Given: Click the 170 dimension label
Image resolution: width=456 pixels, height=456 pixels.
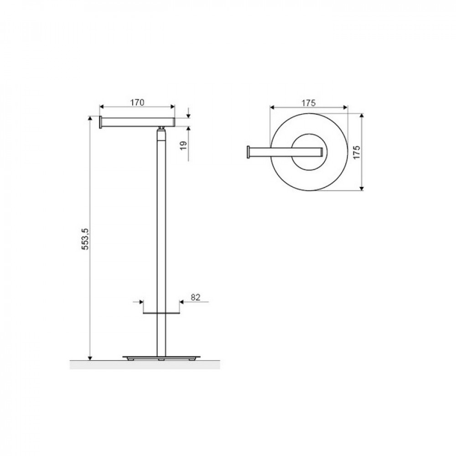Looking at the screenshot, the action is tap(137, 102).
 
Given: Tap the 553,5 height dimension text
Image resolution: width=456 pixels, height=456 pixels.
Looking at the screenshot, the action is tap(85, 239).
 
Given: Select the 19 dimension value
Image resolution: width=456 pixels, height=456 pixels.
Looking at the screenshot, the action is tap(183, 145).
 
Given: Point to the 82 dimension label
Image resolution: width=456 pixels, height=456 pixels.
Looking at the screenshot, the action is tap(196, 297).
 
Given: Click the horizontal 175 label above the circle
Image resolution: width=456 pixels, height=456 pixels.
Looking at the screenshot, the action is tap(308, 103).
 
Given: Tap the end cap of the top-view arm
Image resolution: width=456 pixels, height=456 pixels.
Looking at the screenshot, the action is tap(249, 152).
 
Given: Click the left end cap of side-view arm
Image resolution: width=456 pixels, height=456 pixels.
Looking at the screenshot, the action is tap(100, 122).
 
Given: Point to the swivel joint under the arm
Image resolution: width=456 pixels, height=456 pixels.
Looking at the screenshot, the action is tap(161, 128).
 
